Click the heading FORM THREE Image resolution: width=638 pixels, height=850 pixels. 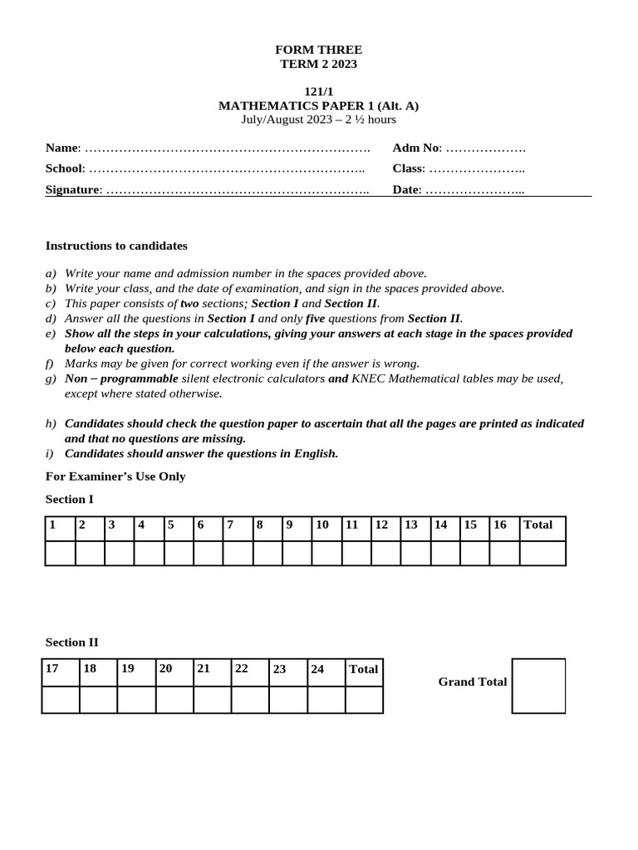[319, 50]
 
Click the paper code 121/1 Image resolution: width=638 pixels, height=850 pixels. [319, 91]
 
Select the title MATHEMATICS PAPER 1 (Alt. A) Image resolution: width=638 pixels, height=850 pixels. [319, 105]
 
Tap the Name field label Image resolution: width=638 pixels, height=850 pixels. [61, 148]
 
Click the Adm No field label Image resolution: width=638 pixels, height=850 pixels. [416, 148]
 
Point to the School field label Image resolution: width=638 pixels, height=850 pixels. [65, 169]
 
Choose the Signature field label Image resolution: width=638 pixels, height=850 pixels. [73, 190]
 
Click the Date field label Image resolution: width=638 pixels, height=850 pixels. [407, 190]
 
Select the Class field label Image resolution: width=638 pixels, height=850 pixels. [409, 169]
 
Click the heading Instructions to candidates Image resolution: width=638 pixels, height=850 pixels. [116, 246]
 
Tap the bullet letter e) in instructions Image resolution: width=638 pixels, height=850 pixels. [51, 334]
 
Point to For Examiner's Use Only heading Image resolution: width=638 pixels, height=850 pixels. [115, 476]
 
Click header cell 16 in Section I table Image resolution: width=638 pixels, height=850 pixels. [500, 525]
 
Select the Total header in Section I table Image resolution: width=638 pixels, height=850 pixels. [538, 525]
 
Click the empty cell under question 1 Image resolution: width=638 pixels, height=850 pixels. [60, 553]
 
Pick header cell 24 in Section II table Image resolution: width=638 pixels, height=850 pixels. [317, 669]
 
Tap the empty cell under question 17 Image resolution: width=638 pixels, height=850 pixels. [60, 700]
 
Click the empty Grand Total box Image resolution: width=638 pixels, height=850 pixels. [538, 686]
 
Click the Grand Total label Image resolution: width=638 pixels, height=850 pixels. [473, 681]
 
